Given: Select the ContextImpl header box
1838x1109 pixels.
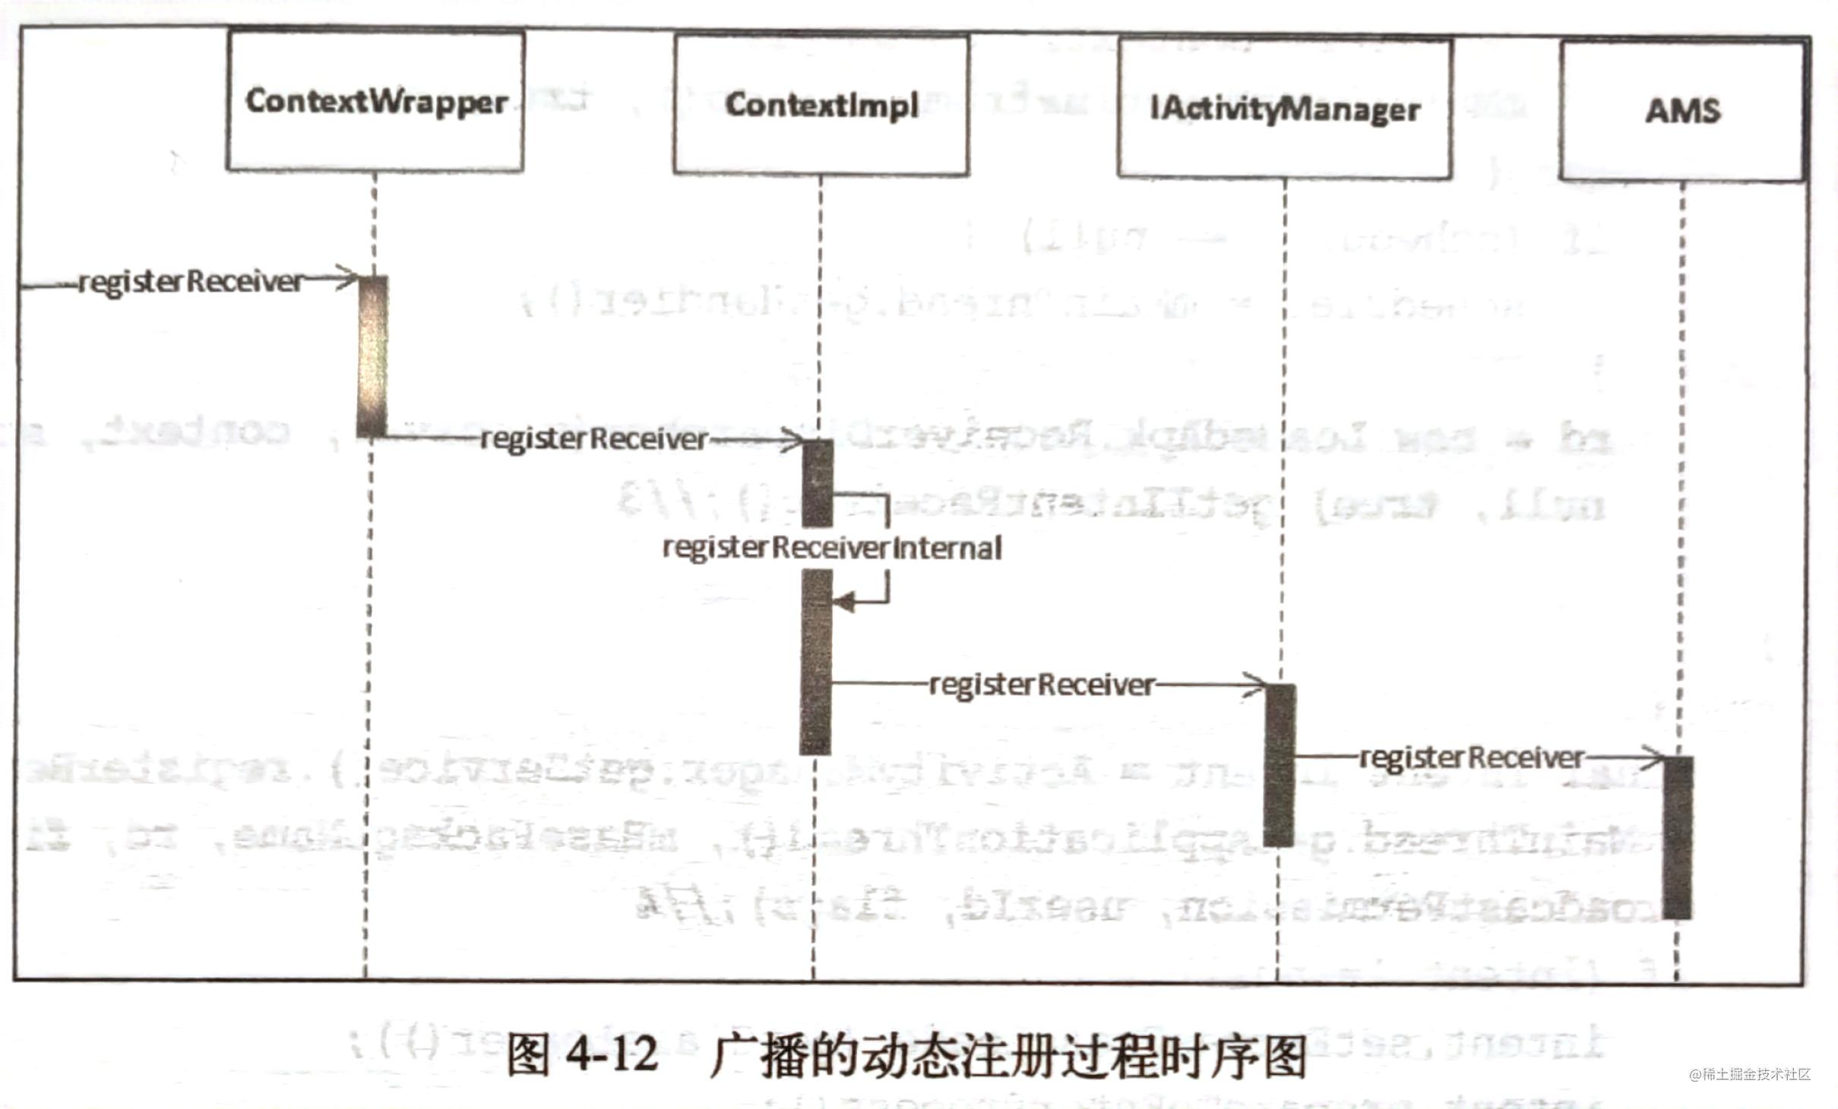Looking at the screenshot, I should pyautogui.click(x=821, y=105).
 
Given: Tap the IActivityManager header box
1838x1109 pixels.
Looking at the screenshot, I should pyautogui.click(x=1285, y=109).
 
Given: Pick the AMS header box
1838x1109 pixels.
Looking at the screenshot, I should pyautogui.click(x=1682, y=112).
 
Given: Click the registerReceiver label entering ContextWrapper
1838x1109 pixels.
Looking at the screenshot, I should pyautogui.click(x=191, y=282).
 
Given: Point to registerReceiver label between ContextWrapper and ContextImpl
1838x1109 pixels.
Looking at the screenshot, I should pyautogui.click(x=594, y=439).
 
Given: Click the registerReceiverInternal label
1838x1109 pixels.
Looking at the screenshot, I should pyautogui.click(x=832, y=548).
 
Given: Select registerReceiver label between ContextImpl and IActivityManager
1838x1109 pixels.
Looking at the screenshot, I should pyautogui.click(x=1042, y=685).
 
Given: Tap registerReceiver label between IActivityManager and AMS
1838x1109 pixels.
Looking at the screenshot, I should pyautogui.click(x=1471, y=757).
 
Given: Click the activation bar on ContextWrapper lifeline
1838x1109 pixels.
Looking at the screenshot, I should pyautogui.click(x=372, y=355).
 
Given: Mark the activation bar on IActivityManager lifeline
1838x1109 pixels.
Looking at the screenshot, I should pyautogui.click(x=1280, y=765).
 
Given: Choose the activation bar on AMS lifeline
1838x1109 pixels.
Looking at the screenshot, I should pyautogui.click(x=1678, y=837).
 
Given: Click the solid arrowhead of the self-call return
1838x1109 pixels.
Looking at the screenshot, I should pyautogui.click(x=843, y=603).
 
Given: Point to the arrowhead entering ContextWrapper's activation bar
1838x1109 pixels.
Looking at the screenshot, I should pyautogui.click(x=348, y=278).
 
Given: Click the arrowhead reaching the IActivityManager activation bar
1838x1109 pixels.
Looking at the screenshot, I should pyautogui.click(x=1255, y=684).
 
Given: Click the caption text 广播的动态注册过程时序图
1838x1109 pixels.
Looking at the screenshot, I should pyautogui.click(x=1008, y=1056).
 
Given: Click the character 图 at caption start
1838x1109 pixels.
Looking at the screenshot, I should pyautogui.click(x=528, y=1055).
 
